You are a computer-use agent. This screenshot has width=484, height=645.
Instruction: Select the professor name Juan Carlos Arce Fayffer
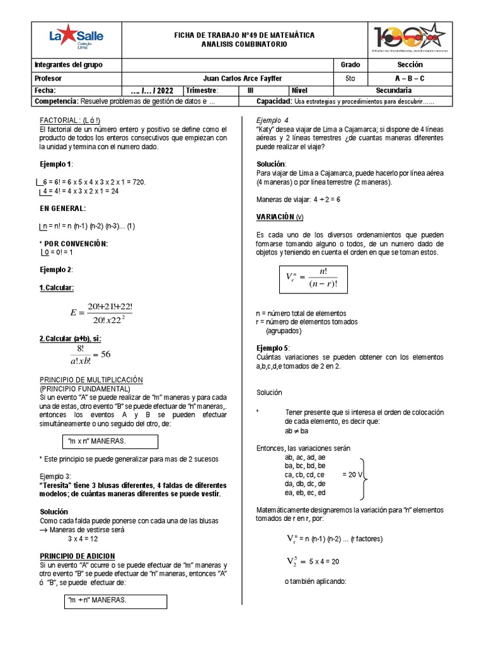coord(226,78)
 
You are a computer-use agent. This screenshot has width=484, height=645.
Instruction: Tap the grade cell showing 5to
coord(350,78)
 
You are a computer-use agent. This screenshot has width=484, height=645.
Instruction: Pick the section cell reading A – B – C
coord(410,78)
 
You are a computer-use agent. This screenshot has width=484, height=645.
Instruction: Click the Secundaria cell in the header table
coord(410,90)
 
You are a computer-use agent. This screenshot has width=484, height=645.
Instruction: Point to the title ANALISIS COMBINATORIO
coord(244,45)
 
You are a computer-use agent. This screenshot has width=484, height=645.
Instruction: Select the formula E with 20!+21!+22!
coord(101,313)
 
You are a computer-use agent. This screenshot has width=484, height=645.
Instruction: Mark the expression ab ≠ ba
coord(296,431)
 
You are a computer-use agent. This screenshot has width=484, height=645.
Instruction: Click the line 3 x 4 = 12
coord(83,539)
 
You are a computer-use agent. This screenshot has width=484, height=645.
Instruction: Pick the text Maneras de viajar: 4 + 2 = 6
coord(298,200)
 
